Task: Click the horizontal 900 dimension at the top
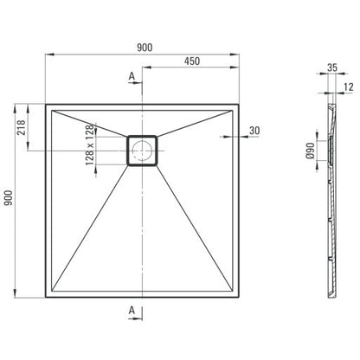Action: pos(145,48)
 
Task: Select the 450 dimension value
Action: pos(192,61)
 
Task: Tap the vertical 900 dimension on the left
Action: pos(9,198)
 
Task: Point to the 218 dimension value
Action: pos(22,127)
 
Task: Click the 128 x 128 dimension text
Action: pos(90,145)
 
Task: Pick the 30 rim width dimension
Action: pos(254,131)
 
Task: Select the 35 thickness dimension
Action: pos(332,67)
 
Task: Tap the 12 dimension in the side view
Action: pos(349,87)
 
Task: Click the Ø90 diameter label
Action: pos(311,151)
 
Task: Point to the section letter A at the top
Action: pos(132,76)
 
